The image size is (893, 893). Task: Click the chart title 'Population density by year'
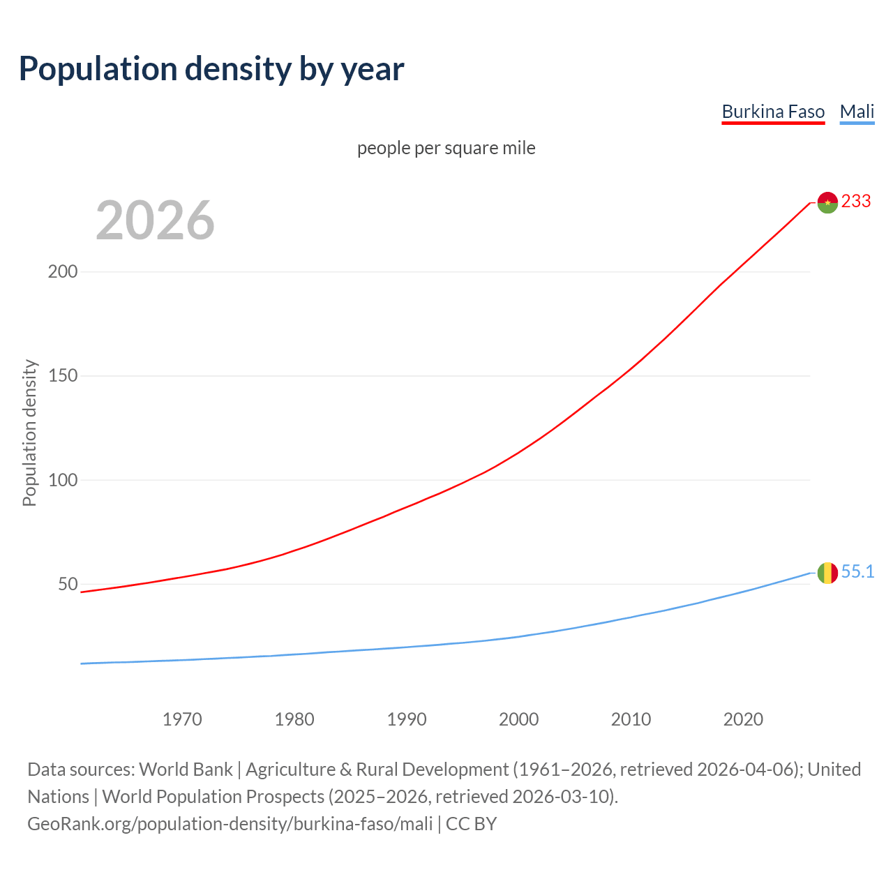coord(211,69)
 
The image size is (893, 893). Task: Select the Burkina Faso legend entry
coord(773,112)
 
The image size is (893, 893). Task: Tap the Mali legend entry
coord(857,112)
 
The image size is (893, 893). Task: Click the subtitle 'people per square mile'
coord(446,149)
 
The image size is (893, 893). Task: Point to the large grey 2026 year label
coord(155,220)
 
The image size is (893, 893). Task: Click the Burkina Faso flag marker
coord(827,202)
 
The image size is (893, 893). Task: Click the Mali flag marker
coord(827,573)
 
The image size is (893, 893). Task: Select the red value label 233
coord(856,202)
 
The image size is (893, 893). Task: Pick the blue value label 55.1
coord(857,572)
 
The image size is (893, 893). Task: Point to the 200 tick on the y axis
coord(63,271)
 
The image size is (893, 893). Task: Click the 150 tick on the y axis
coord(63,376)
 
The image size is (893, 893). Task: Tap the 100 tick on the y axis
coord(63,480)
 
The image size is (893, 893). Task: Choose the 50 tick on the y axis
coord(68,584)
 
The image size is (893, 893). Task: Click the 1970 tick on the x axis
coord(182,719)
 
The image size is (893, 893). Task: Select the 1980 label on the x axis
coord(294,719)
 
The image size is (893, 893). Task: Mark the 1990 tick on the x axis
coord(407,719)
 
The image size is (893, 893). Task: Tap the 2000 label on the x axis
coord(519,719)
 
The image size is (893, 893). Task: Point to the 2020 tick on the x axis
coord(743,719)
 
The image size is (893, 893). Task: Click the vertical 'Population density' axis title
coord(29,433)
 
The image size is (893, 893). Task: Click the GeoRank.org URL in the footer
coord(230,824)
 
